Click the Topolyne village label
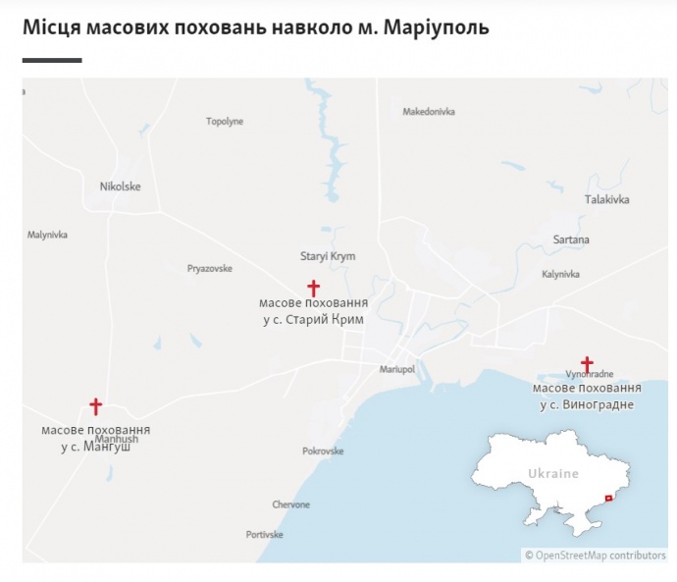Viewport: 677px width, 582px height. tap(225, 122)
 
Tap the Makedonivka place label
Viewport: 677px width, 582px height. tap(429, 112)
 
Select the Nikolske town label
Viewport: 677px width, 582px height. tap(121, 186)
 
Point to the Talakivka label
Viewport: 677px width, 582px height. tap(607, 199)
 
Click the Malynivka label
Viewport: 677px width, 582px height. tap(47, 235)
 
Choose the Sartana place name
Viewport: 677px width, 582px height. tap(571, 239)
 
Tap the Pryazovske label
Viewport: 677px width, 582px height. tap(210, 268)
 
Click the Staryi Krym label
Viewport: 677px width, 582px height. tap(328, 256)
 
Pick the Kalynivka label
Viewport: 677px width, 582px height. tap(561, 274)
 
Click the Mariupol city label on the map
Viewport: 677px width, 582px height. tap(397, 369)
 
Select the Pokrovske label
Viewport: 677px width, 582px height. tap(323, 451)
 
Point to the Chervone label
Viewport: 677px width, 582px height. tap(291, 504)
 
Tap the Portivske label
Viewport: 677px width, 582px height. tap(264, 535)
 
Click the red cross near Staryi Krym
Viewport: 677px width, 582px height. tap(314, 288)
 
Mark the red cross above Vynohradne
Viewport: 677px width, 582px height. tap(587, 364)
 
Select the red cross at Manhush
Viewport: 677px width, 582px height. tap(95, 406)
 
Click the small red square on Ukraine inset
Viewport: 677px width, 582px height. tap(608, 499)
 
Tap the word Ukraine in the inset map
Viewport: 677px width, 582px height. tap(553, 474)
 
